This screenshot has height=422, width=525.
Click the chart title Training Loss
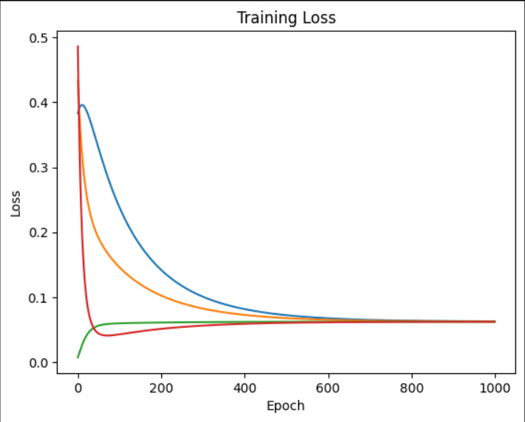(x=286, y=18)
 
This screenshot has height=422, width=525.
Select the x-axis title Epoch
(x=286, y=406)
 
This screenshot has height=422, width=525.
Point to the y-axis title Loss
(x=16, y=200)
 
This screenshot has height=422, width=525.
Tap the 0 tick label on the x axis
(x=78, y=386)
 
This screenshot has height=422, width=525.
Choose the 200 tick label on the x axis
(x=161, y=386)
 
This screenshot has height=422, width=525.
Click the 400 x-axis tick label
(x=245, y=386)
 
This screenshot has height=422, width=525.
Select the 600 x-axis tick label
(x=328, y=386)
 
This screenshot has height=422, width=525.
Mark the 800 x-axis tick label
(x=412, y=386)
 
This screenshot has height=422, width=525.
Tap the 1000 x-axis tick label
(x=495, y=386)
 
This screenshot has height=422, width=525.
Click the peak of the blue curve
(x=82, y=105)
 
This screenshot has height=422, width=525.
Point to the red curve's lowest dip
(x=107, y=335)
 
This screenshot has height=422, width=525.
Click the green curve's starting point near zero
(x=78, y=358)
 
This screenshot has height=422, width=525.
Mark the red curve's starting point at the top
(x=78, y=47)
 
